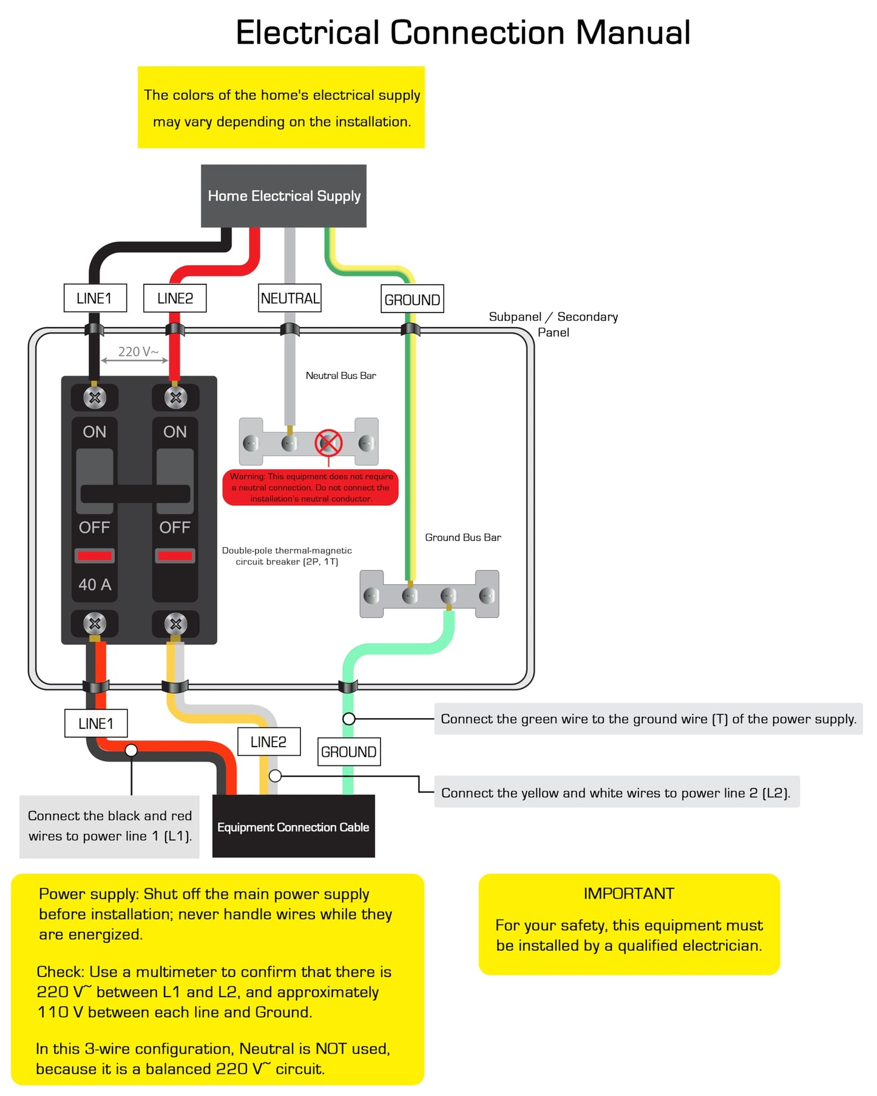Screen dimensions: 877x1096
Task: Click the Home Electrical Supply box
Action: pos(283,196)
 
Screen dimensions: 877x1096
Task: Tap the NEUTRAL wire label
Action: pos(290,298)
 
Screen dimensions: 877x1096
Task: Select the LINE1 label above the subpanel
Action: pos(95,298)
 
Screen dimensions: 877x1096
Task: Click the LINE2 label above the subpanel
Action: pos(175,298)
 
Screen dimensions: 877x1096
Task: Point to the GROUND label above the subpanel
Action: pos(412,299)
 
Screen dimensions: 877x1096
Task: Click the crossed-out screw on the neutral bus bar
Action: pos(328,443)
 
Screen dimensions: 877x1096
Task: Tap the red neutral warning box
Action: pos(311,487)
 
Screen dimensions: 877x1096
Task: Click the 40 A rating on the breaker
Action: pos(95,585)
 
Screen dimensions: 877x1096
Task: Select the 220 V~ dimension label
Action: pos(138,352)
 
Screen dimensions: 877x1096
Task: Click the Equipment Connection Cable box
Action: pos(294,826)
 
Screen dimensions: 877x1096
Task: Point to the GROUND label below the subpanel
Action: pos(349,752)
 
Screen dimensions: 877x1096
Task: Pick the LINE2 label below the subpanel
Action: pos(269,742)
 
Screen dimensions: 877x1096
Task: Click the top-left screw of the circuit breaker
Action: pos(95,398)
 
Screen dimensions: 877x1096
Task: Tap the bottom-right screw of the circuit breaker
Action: pos(175,624)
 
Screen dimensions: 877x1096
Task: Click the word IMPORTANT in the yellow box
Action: pos(629,893)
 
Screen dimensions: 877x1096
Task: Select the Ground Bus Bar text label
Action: pos(463,537)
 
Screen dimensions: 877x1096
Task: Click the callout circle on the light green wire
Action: pos(349,719)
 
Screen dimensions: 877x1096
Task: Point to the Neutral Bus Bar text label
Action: pos(340,375)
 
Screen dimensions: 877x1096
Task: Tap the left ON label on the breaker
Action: pos(95,432)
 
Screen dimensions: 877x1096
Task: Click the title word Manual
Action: pos(633,32)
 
